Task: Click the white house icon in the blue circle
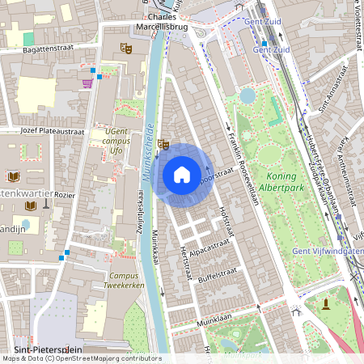click(182, 174)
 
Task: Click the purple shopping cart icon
click(87, 82)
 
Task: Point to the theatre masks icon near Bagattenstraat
click(126, 49)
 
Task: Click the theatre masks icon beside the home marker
click(163, 145)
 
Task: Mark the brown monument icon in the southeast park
click(326, 303)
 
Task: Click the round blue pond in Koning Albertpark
click(247, 95)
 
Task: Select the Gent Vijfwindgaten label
click(328, 251)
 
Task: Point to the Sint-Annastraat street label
click(334, 90)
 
